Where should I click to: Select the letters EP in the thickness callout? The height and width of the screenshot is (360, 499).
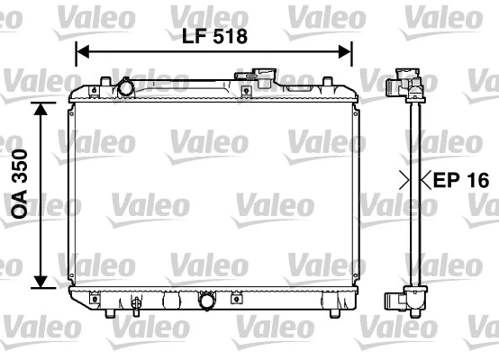point(446,180)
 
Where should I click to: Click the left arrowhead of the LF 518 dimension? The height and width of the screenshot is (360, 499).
point(78,51)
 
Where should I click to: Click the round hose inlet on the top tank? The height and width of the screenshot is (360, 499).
point(125,89)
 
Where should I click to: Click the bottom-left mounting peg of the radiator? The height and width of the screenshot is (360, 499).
point(108,312)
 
